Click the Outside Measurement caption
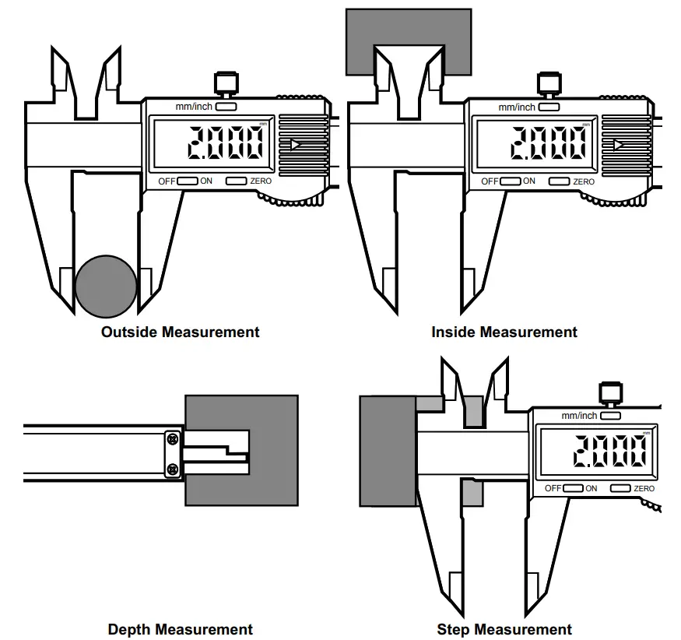(180, 332)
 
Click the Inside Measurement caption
(504, 332)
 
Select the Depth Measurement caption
(180, 629)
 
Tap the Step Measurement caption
(504, 629)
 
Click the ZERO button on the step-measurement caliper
(620, 488)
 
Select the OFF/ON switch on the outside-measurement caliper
(188, 181)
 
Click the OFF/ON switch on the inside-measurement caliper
(510, 181)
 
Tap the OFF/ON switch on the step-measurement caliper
(574, 488)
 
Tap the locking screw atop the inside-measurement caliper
(549, 81)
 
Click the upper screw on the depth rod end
(172, 441)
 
